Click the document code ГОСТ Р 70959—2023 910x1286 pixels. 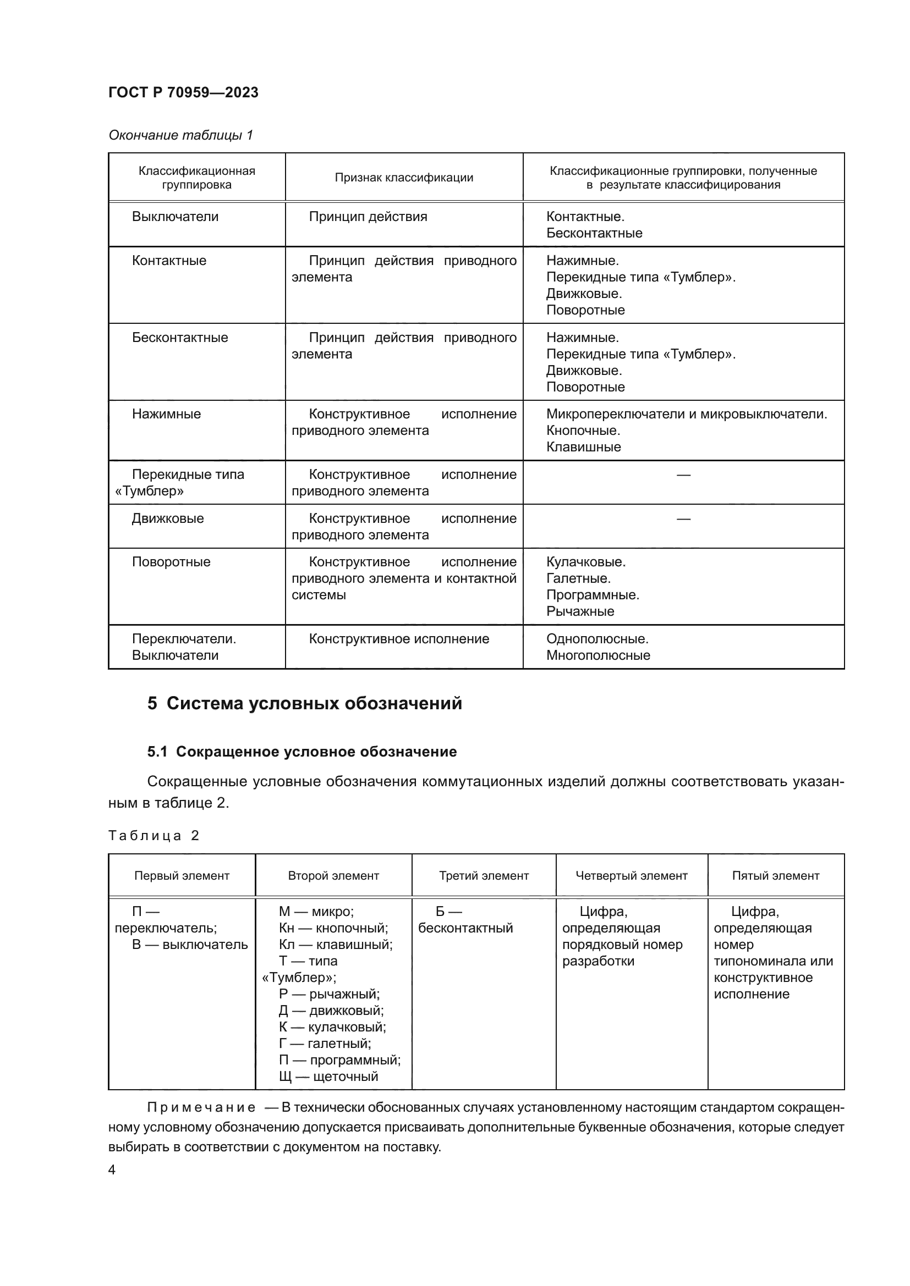pyautogui.click(x=183, y=92)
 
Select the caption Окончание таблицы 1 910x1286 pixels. pyautogui.click(x=180, y=135)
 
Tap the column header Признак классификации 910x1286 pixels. pyautogui.click(x=403, y=178)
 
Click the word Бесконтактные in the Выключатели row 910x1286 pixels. pyautogui.click(x=594, y=233)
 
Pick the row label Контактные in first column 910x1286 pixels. pyautogui.click(x=169, y=261)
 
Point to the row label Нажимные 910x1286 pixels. pyautogui.click(x=166, y=414)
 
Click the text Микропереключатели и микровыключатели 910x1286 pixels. pyautogui.click(x=686, y=414)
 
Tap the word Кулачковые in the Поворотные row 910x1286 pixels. pyautogui.click(x=585, y=562)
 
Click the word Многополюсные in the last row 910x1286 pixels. pyautogui.click(x=598, y=655)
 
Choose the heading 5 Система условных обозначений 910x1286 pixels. pyautogui.click(x=304, y=704)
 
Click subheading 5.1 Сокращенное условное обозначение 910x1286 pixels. pyautogui.click(x=302, y=752)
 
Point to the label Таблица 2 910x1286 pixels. pyautogui.click(x=154, y=836)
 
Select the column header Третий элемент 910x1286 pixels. pyautogui.click(x=484, y=875)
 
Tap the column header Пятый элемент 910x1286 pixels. pyautogui.click(x=775, y=875)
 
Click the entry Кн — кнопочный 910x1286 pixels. pyautogui.click(x=333, y=928)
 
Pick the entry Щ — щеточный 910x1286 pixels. pyautogui.click(x=328, y=1076)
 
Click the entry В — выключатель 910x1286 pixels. pyautogui.click(x=189, y=945)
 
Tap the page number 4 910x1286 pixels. pyautogui.click(x=112, y=1170)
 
